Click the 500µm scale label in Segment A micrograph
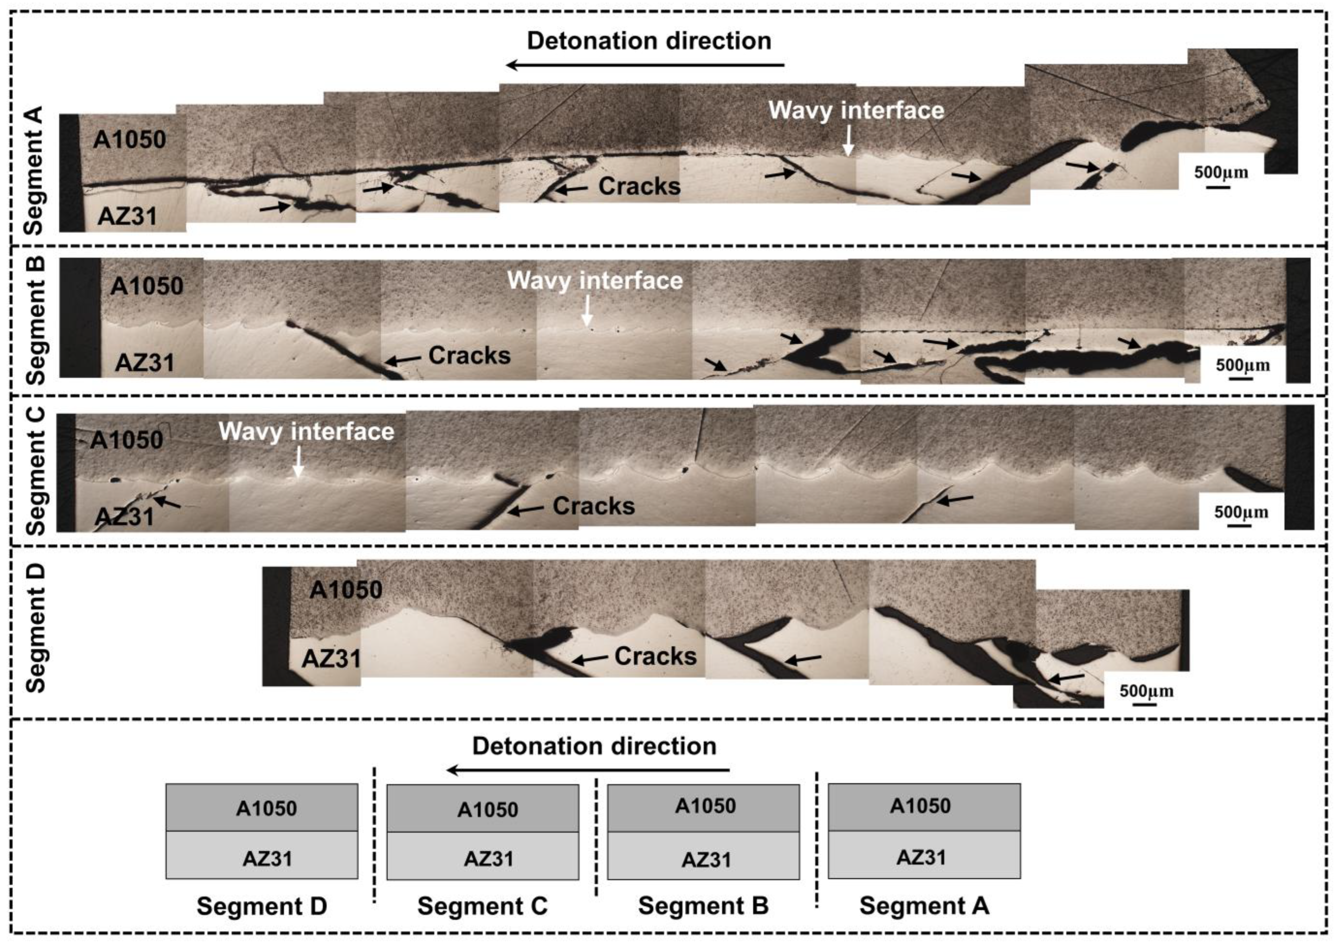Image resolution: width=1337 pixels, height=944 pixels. (1221, 172)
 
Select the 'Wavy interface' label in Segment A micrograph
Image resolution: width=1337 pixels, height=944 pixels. (856, 110)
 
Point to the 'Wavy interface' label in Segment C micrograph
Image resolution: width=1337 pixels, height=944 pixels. (306, 431)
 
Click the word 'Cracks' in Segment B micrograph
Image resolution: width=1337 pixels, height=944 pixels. (469, 355)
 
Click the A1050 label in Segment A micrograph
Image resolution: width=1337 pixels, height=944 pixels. (129, 139)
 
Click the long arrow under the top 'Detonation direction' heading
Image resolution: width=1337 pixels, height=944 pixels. (645, 65)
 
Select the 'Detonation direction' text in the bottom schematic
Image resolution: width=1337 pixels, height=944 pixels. (594, 746)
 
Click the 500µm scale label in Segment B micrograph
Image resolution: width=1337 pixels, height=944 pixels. (1243, 365)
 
